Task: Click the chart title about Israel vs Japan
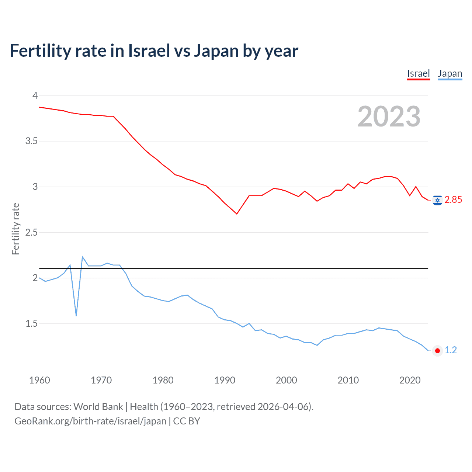click(154, 51)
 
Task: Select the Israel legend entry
click(418, 73)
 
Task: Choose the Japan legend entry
click(450, 73)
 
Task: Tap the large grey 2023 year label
click(389, 117)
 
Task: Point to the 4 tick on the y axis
click(35, 96)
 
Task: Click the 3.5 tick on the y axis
click(31, 141)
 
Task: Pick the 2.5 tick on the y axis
click(31, 232)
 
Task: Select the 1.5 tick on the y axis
click(31, 323)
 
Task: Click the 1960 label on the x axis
click(39, 380)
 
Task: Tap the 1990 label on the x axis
click(225, 380)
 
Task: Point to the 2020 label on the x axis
click(410, 380)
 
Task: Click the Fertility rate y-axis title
click(15, 229)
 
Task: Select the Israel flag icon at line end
click(437, 200)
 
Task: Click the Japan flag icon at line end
click(437, 350)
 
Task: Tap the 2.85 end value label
click(453, 200)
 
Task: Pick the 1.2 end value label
click(451, 350)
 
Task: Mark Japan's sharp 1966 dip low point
click(76, 316)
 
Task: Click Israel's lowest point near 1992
click(237, 214)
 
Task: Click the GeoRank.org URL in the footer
click(90, 421)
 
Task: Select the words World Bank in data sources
click(98, 407)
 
